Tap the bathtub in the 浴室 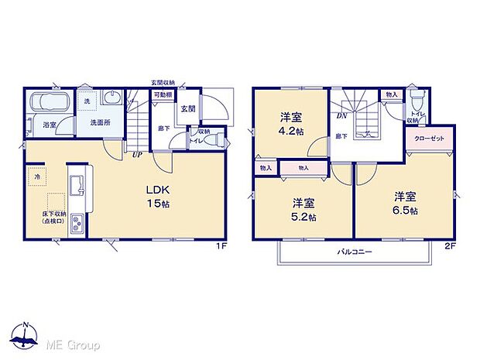(x=48, y=103)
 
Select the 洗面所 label (x=101, y=122)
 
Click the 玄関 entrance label (x=188, y=109)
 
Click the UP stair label (x=136, y=155)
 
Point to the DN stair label (x=341, y=117)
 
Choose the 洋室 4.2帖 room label (x=291, y=124)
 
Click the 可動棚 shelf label (x=162, y=94)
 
